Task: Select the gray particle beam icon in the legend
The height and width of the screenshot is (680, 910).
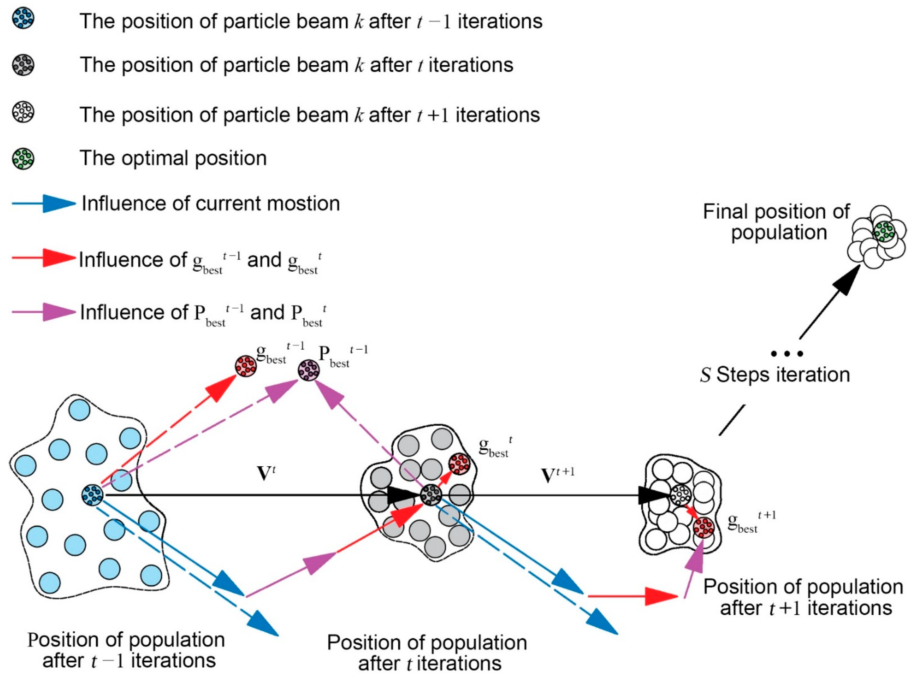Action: (x=23, y=65)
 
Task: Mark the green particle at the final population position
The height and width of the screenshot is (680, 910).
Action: (x=884, y=232)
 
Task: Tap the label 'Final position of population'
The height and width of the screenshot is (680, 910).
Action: (x=776, y=222)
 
